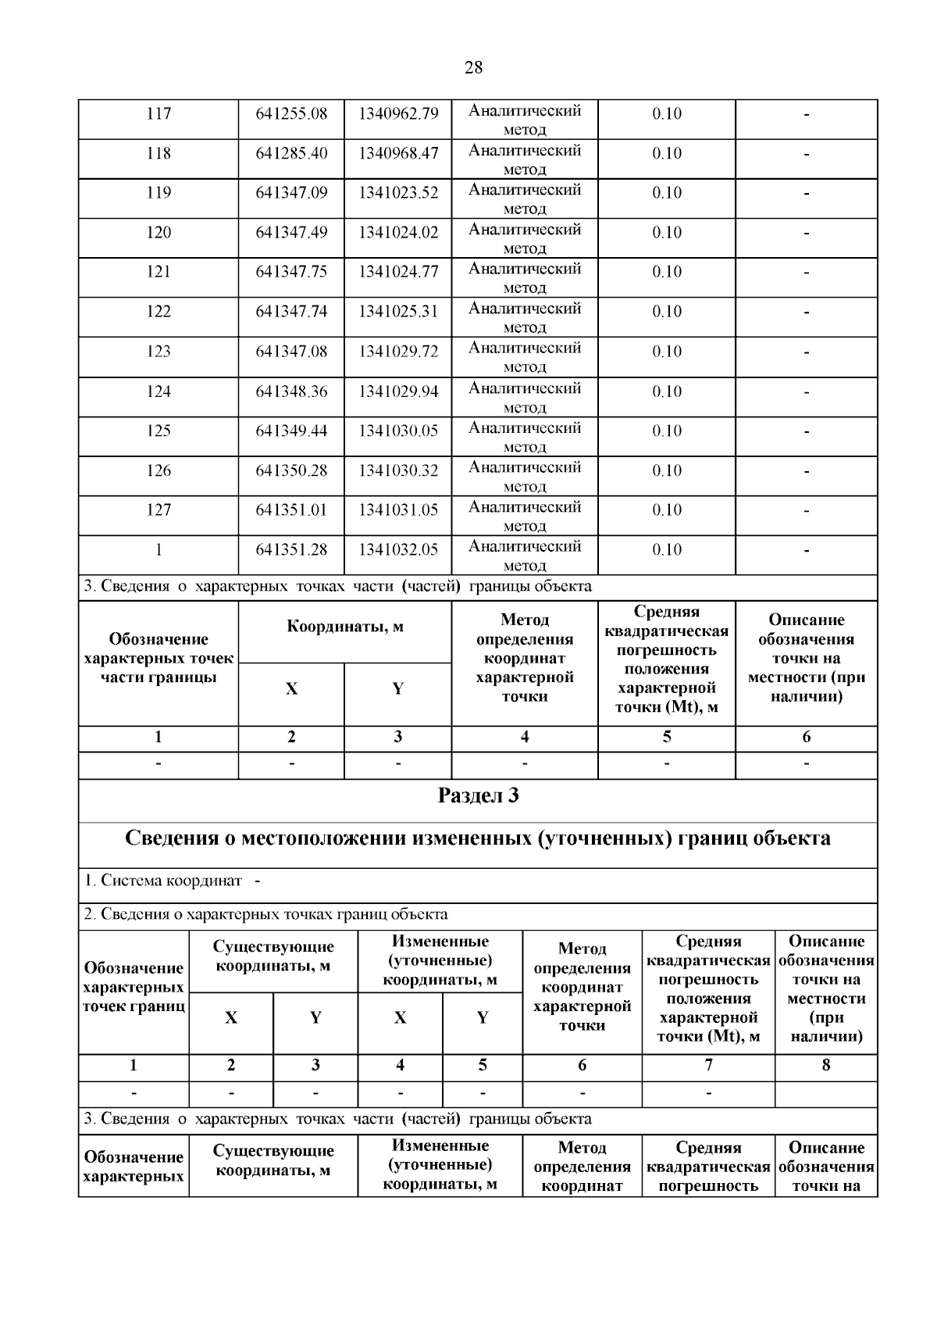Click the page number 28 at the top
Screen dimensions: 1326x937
click(x=473, y=68)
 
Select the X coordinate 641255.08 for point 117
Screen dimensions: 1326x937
click(x=291, y=114)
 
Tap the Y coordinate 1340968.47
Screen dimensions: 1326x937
click(x=398, y=153)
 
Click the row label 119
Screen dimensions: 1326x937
click(x=159, y=193)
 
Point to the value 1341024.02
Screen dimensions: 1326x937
click(x=398, y=233)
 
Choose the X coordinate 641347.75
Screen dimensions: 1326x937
click(x=291, y=272)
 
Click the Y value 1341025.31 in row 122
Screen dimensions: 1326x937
click(x=398, y=312)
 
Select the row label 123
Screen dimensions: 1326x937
click(x=159, y=352)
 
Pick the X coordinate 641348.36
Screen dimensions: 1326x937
click(x=291, y=391)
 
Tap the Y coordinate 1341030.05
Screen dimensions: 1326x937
click(x=398, y=431)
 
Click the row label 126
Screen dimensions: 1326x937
click(x=159, y=470)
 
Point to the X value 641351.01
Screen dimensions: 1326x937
click(x=291, y=510)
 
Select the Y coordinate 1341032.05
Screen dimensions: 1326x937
click(x=398, y=550)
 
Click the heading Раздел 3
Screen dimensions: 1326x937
click(x=478, y=796)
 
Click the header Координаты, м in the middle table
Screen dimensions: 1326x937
click(x=345, y=627)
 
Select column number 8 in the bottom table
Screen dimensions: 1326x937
click(x=826, y=1065)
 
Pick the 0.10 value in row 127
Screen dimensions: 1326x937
click(x=667, y=510)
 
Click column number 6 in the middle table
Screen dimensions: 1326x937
click(x=806, y=737)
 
